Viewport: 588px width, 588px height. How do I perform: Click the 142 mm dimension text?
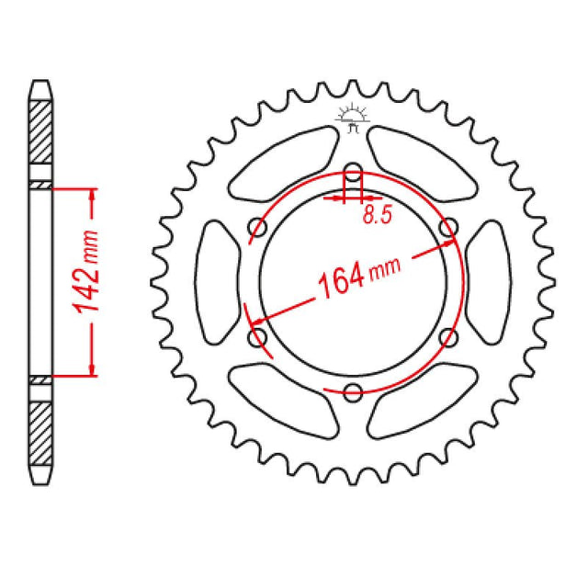click(x=91, y=281)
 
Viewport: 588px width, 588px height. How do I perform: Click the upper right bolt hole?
click(x=449, y=226)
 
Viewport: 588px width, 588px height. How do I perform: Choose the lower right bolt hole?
click(x=449, y=338)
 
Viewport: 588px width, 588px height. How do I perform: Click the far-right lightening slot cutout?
click(x=488, y=282)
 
